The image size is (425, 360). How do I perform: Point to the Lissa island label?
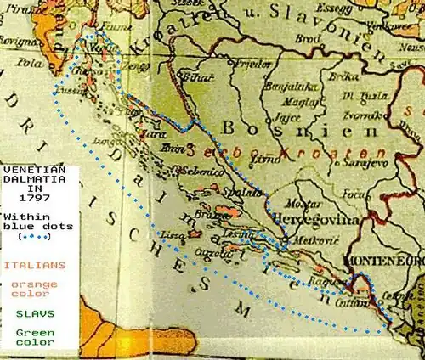click(x=197, y=233)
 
